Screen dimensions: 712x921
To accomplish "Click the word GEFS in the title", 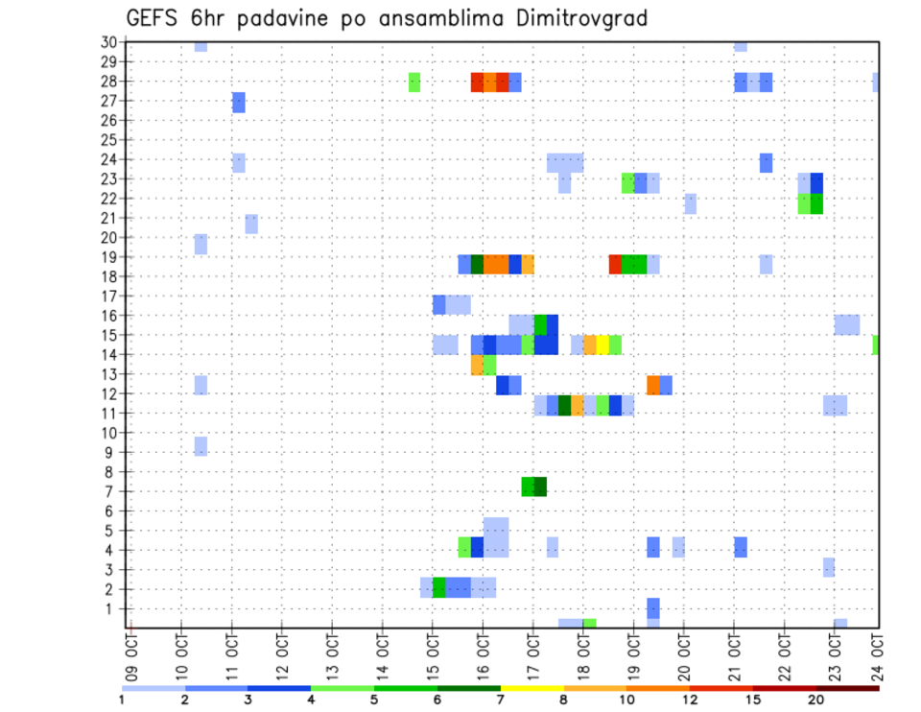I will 153,18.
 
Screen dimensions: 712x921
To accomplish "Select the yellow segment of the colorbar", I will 531,688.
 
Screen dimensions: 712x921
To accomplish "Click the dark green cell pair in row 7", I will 534,487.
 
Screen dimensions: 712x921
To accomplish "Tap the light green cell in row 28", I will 414,82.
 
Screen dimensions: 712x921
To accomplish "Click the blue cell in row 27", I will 239,102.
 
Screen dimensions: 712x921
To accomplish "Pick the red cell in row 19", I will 615,264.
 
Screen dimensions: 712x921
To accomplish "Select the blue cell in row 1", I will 653,608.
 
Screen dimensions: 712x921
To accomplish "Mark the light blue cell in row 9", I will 201,446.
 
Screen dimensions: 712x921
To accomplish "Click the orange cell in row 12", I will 653,385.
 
